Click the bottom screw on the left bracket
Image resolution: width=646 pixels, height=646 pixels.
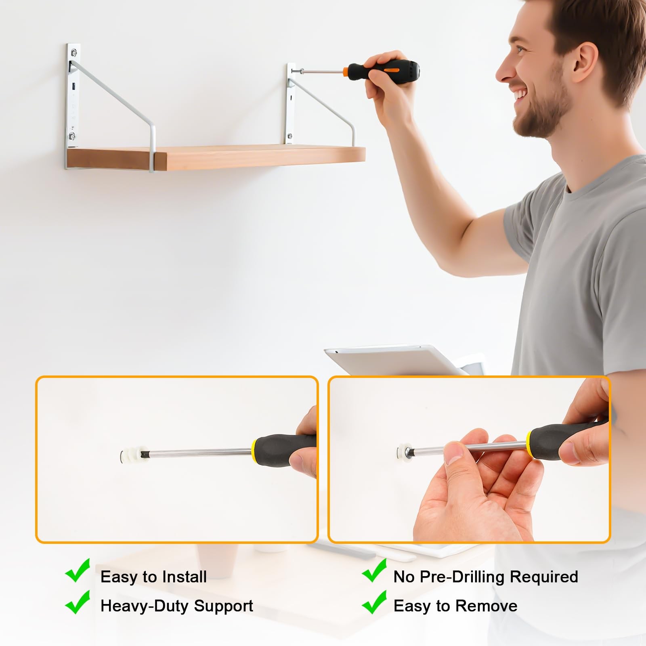[72, 136]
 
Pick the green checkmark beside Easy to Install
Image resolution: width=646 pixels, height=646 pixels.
[78, 570]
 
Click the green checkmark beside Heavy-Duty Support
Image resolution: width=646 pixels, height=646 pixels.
[78, 602]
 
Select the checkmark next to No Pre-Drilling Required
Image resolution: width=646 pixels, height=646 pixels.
[374, 570]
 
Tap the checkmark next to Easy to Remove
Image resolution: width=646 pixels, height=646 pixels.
[374, 602]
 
